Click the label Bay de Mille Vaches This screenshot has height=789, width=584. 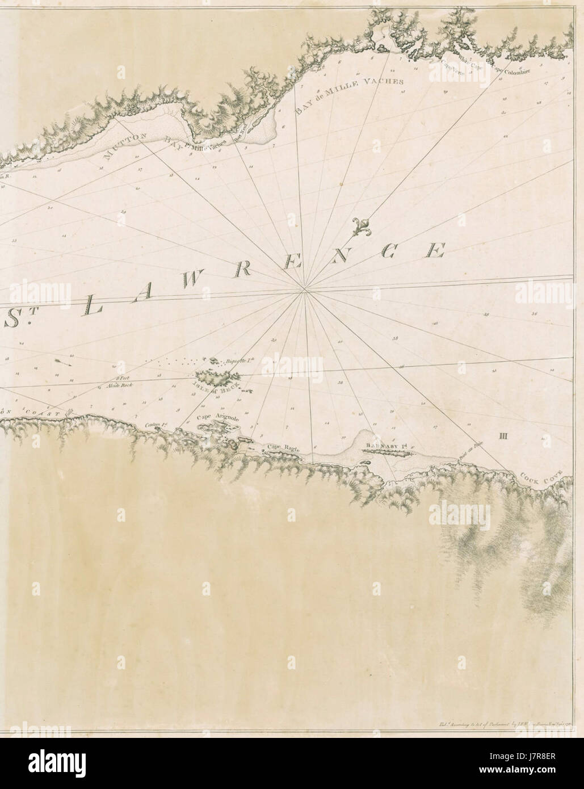[348, 91]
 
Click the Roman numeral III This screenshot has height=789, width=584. [502, 436]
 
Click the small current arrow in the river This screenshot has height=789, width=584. [62, 362]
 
